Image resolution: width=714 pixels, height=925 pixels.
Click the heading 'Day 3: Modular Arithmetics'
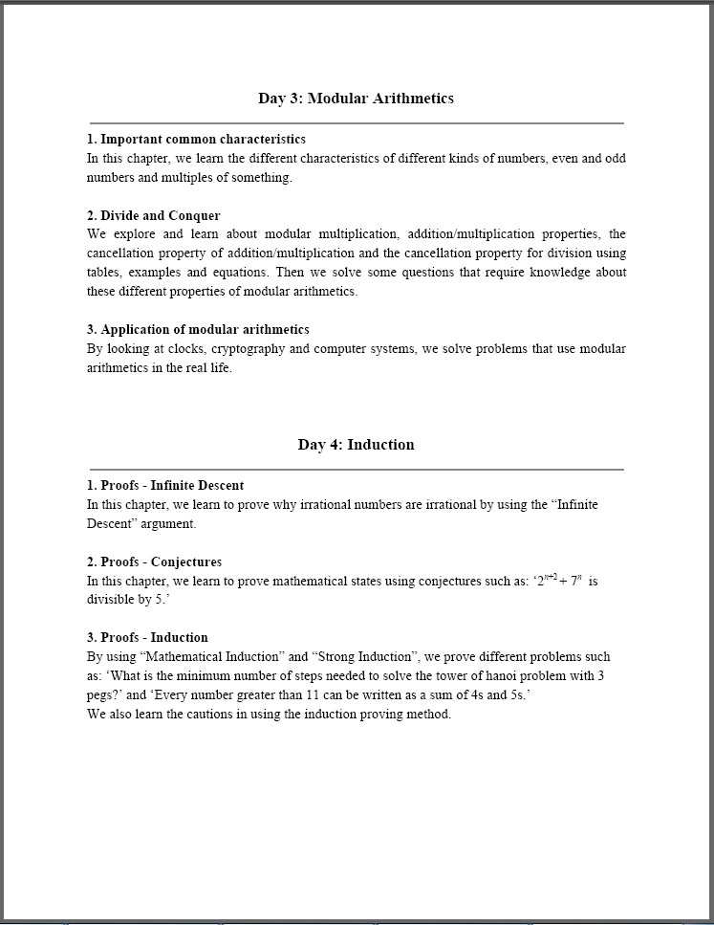click(356, 99)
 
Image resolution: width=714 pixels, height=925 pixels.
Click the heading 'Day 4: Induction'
click(356, 445)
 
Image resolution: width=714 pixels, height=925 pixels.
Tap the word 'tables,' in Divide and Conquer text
click(105, 273)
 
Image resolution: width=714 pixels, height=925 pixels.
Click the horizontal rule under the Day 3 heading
click(356, 123)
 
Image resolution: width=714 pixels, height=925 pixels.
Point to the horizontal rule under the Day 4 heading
click(356, 470)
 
